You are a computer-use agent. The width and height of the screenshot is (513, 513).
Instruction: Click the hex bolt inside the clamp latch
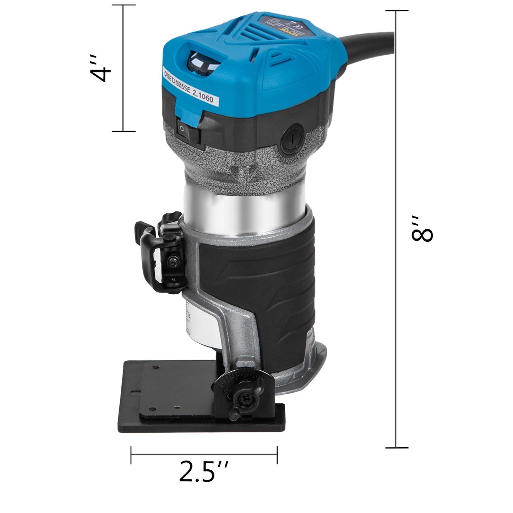click(x=172, y=262)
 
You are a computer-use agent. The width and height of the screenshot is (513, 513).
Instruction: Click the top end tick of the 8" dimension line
click(x=397, y=11)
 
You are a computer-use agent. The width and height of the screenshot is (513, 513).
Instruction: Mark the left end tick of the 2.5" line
click(x=131, y=455)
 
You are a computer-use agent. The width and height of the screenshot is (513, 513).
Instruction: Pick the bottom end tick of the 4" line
click(x=124, y=131)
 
